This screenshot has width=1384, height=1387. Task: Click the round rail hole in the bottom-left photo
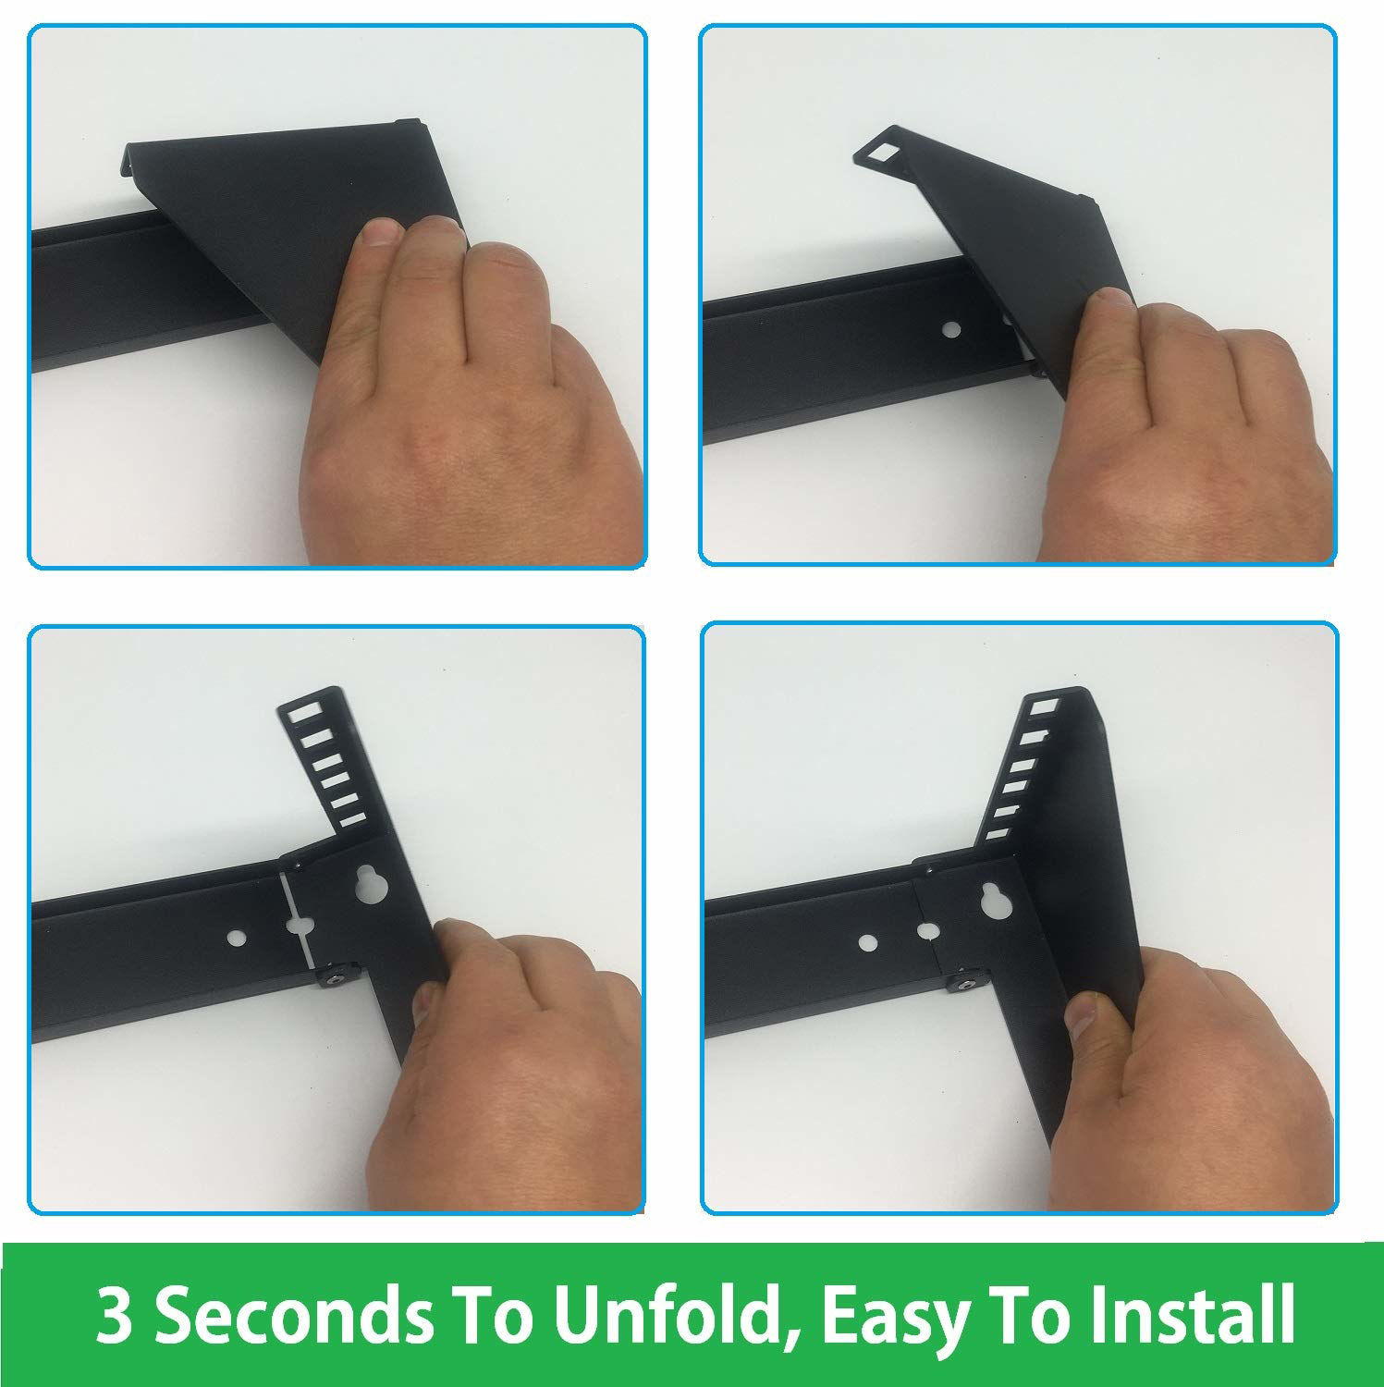point(239,939)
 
